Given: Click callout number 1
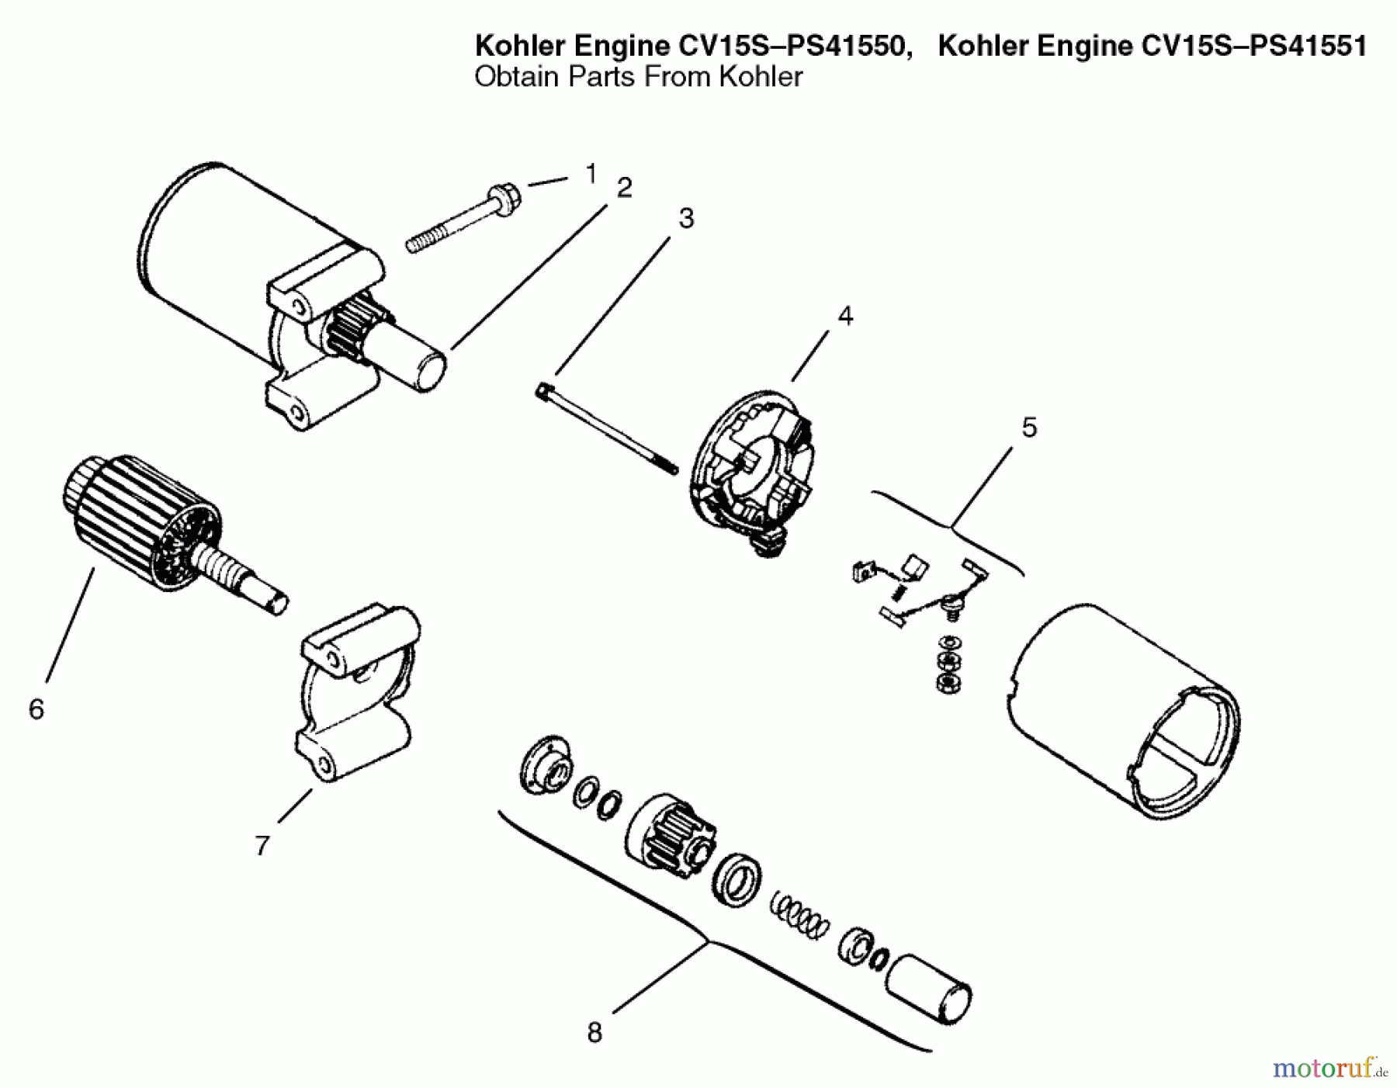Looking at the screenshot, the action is point(591,174).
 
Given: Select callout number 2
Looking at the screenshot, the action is point(624,188).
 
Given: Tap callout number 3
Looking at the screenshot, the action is point(686,219).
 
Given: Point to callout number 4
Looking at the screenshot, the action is point(845,316).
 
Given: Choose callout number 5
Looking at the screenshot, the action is point(1029,427).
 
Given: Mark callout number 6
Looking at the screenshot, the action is point(36,709).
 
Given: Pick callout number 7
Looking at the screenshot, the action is point(262,845).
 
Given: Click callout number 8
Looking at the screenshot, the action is point(595,1033).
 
